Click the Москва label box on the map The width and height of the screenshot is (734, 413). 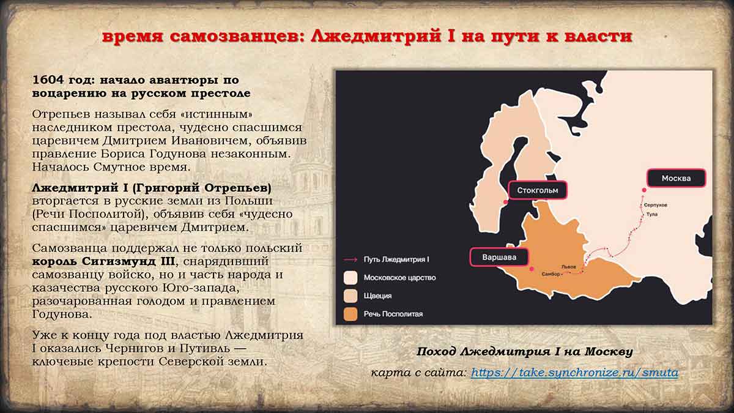[676, 178]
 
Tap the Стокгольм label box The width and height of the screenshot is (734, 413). [538, 190]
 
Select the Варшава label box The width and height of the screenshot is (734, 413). [499, 257]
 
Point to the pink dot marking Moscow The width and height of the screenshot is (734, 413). [644, 190]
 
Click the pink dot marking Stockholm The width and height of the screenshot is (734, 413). [506, 202]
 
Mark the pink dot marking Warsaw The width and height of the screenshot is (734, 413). [532, 269]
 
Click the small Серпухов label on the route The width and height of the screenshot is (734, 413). [655, 205]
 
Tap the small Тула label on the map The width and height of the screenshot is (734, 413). [652, 214]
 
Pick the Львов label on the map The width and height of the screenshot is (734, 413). [568, 267]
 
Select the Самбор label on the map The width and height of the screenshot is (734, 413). [551, 273]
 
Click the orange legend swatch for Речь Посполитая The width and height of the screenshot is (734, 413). [350, 314]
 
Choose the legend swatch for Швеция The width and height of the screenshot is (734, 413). [350, 296]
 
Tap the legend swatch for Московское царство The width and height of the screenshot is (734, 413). [350, 277]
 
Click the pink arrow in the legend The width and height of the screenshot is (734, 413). [350, 259]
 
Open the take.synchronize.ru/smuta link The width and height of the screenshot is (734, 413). [575, 373]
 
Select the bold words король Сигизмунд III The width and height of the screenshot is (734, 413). [103, 262]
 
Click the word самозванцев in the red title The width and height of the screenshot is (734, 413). [236, 37]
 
